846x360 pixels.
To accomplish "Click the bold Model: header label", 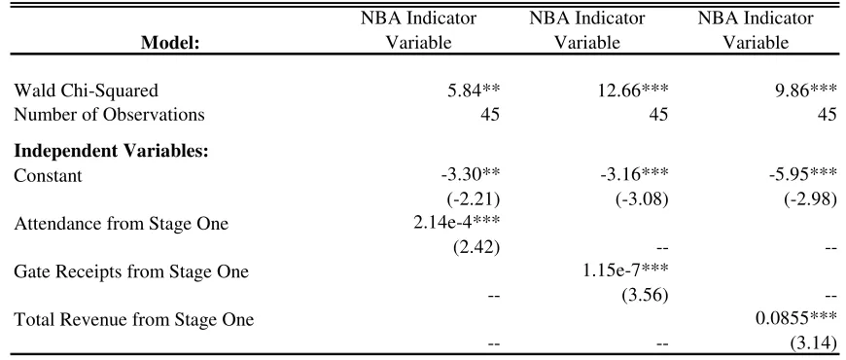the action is pyautogui.click(x=170, y=43).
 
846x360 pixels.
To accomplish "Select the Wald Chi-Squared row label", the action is pyautogui.click(x=87, y=90).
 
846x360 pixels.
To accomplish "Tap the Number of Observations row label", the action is pyautogui.click(x=110, y=115).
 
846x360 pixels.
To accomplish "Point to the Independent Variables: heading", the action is pyautogui.click(x=111, y=151).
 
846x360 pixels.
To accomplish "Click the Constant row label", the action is pyautogui.click(x=48, y=175).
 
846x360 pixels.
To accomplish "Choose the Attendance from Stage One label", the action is pyautogui.click(x=122, y=224).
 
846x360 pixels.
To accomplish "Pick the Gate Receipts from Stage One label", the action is pyautogui.click(x=131, y=271).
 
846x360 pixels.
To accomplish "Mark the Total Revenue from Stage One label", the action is pyautogui.click(x=134, y=319).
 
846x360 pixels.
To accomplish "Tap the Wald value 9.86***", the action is pyautogui.click(x=804, y=90).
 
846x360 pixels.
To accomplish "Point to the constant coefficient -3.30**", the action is pyautogui.click(x=469, y=175).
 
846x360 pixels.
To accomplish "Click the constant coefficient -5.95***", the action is pyautogui.click(x=802, y=175).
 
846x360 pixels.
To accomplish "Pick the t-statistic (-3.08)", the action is pyautogui.click(x=642, y=200).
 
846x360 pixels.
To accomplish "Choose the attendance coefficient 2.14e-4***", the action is pyautogui.click(x=455, y=224).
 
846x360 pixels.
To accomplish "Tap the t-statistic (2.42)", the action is pyautogui.click(x=475, y=248).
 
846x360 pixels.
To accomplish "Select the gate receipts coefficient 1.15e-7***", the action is pyautogui.click(x=624, y=271).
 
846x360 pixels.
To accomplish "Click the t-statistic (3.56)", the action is pyautogui.click(x=643, y=296).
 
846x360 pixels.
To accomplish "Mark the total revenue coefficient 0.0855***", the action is pyautogui.click(x=797, y=319).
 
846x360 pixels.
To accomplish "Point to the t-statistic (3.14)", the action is pyautogui.click(x=811, y=343).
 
